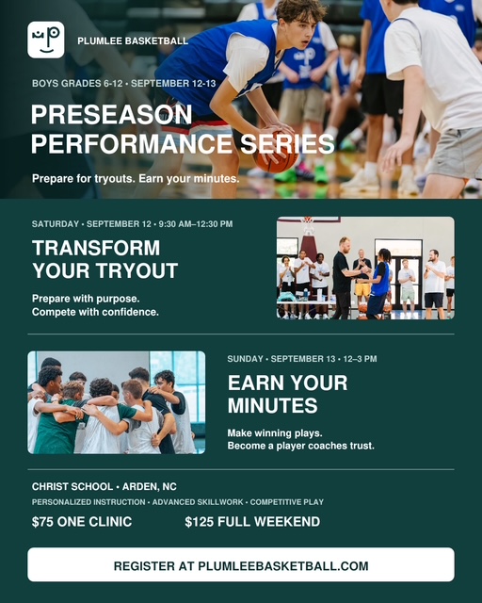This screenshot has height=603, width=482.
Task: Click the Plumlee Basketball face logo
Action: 46,40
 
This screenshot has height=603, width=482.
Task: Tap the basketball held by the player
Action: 276,153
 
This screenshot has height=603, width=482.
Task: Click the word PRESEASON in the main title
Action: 111,115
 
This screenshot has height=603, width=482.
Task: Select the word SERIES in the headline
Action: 287,143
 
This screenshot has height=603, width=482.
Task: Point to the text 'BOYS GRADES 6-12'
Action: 77,84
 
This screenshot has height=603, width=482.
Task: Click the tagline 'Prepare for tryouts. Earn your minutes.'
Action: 136,179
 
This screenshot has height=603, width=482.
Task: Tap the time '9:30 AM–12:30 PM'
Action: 196,224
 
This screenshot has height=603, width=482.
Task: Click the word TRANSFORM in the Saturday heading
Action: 96,248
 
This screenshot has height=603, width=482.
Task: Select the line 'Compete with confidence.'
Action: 95,312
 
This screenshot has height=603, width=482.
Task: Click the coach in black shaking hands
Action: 342,278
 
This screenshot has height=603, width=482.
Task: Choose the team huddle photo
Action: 116,402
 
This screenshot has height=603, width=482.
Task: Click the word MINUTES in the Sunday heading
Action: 272,406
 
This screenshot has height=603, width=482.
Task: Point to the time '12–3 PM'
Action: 361,359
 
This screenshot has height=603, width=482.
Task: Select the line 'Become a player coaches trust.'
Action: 300,446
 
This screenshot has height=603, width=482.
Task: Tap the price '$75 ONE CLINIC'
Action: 82,522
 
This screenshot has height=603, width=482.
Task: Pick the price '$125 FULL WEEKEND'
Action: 252,522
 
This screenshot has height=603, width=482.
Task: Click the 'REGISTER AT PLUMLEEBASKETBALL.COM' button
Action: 241,564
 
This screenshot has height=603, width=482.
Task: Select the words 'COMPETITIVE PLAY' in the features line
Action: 287,502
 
